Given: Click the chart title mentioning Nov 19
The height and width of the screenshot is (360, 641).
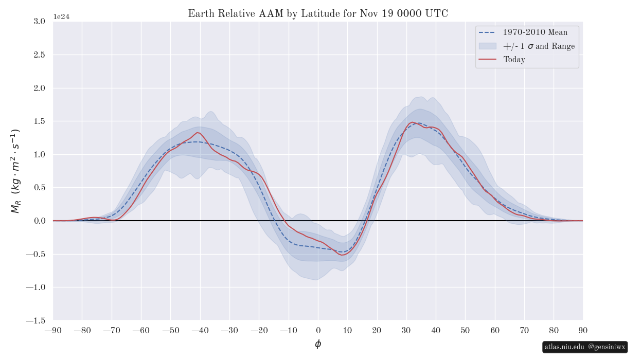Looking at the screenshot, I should [x=318, y=13].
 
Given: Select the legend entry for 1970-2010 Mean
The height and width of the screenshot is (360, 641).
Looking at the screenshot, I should [x=535, y=32].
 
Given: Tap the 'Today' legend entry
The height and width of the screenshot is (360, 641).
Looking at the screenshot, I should [x=514, y=60].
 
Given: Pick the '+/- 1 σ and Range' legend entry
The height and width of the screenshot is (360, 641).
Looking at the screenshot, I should [x=539, y=46].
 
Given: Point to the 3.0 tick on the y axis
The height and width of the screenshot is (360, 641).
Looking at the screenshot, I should [x=39, y=21].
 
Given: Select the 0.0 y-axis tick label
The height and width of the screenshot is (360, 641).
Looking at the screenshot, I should [x=39, y=221].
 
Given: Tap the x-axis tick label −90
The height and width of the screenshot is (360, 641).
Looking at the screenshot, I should [x=53, y=330].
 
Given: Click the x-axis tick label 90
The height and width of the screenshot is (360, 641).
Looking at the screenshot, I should [x=583, y=330].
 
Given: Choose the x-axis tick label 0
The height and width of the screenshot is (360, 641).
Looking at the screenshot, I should [x=318, y=330].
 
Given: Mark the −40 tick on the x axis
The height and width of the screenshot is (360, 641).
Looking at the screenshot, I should [x=200, y=330].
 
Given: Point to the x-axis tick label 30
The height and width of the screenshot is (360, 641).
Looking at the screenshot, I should [x=406, y=330].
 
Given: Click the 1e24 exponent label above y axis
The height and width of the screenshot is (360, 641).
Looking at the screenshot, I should [x=61, y=16].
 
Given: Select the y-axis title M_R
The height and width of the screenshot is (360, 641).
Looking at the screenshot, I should [x=15, y=171].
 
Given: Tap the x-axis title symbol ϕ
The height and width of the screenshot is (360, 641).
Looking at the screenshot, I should [x=318, y=344].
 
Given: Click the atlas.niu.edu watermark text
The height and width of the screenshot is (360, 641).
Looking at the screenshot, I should [x=565, y=347].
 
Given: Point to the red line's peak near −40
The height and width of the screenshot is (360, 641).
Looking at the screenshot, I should [x=198, y=132].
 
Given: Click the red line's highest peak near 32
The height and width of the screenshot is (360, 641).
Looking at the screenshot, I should [x=412, y=122].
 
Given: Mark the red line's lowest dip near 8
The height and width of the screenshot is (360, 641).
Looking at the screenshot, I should [x=342, y=255].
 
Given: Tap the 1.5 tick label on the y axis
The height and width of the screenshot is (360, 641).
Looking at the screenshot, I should [x=39, y=121].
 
